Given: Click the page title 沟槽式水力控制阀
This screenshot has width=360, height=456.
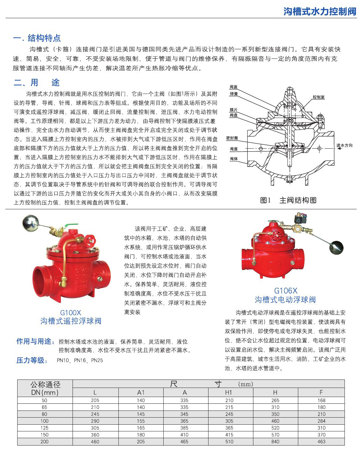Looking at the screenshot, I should point(320,11).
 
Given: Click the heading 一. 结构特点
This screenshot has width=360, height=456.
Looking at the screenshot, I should point(37,38).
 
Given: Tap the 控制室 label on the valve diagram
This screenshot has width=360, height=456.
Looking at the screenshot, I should point(318,97).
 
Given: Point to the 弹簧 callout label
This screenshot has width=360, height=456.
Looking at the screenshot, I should point(233,94).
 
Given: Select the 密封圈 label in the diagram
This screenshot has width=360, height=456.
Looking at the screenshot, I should point(232,138).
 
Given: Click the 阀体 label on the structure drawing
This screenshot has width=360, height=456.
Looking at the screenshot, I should point(233,159).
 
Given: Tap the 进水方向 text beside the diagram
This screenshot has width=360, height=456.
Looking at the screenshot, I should point(344,146).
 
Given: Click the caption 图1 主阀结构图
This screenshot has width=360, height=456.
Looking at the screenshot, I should point(288,200).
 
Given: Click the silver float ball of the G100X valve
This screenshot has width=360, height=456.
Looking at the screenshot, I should point(31,223).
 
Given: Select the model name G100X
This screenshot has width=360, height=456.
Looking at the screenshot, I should point(71,313).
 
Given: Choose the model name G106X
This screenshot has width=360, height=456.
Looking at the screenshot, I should point(285,291).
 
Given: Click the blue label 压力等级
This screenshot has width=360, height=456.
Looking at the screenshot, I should point(32,360).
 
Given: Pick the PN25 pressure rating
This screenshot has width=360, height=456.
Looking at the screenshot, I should point(97,360).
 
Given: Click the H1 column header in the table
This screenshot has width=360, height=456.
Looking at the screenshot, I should point(229,392).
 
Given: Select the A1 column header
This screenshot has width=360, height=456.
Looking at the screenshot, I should point(141,392).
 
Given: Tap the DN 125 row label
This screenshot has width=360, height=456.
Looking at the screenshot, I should point(45,428).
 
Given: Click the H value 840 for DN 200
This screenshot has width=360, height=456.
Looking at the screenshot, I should point(275,442).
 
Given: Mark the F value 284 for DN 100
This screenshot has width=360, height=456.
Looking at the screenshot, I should point(321,421).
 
